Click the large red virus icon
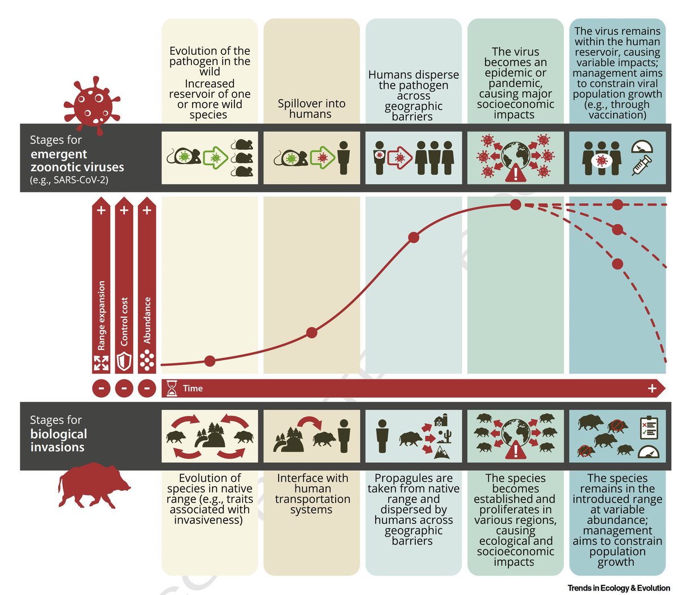(x=92, y=105)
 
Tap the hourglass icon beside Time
(x=172, y=388)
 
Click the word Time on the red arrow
(x=193, y=388)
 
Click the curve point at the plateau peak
(x=515, y=204)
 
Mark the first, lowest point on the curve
(x=210, y=361)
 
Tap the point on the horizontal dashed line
(x=618, y=204)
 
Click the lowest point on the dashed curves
(x=618, y=264)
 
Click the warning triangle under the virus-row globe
(x=515, y=173)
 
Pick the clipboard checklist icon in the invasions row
(x=648, y=427)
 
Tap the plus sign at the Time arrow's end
(x=652, y=388)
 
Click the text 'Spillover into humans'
(x=311, y=108)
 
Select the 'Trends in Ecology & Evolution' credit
(x=619, y=588)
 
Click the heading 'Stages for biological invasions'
(x=58, y=434)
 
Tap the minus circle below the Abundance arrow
(x=147, y=388)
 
